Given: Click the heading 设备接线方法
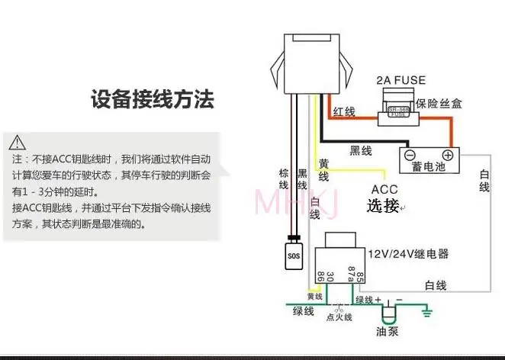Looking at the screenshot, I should coord(152,99).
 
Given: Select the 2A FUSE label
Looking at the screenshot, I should coord(400,80).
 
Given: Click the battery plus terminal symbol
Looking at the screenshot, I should coord(447,156).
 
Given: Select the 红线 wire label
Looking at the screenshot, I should coord(345,112).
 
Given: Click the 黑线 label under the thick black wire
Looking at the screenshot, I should coord(360,151).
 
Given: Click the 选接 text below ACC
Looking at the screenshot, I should coord(383,206).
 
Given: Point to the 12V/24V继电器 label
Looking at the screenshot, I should coord(408,253).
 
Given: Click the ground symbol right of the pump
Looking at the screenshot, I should coord(428,312).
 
